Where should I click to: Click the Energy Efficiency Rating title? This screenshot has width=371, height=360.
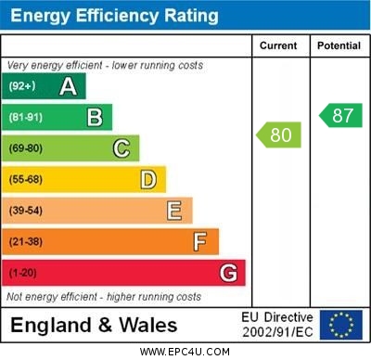coord(114,16)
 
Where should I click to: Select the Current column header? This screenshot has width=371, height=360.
coord(278,45)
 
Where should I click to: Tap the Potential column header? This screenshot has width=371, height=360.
coord(339,45)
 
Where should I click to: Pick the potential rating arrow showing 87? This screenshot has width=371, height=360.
coord(340,115)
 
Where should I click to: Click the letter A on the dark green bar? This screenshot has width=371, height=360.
coord(68,86)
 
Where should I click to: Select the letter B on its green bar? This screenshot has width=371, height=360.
coord(95,117)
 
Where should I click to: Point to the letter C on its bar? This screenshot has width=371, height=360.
coord(122,148)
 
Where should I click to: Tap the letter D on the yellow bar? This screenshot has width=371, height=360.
coord(147,179)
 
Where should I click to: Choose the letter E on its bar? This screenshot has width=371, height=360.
coord(174,211)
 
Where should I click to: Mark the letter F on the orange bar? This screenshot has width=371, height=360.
coord(200,242)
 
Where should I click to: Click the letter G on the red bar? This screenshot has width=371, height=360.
coord(228,273)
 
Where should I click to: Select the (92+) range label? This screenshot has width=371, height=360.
coord(23,86)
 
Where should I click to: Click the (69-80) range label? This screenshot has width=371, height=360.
coord(27,148)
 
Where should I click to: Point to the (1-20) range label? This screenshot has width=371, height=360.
coord(24,274)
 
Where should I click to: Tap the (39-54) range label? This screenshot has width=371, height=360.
coord(27,212)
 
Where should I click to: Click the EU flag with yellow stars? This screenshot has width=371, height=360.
coord(341,325)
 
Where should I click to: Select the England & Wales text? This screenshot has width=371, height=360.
coord(94,325)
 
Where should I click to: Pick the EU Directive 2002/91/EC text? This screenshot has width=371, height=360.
coord(277,325)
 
